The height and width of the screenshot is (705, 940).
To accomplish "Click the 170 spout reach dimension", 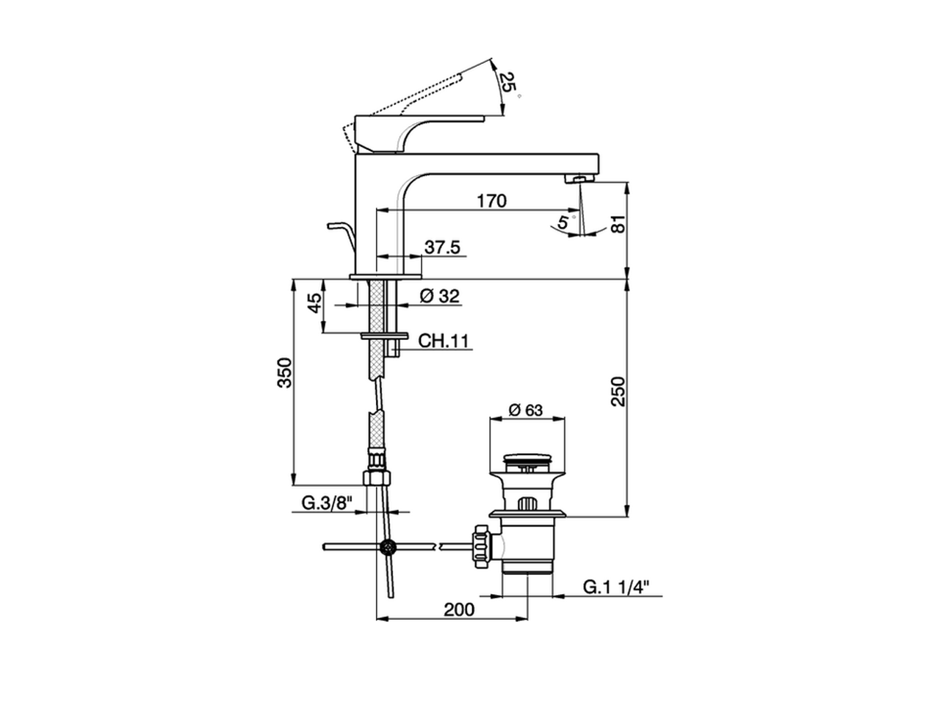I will (491, 200).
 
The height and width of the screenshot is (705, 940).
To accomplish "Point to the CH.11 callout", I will (444, 341).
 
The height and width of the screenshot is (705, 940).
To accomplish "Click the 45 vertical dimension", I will (314, 303).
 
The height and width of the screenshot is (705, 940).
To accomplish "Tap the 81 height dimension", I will (618, 224).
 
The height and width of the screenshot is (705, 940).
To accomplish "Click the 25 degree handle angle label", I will (506, 82).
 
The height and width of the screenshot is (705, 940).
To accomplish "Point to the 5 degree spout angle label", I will (563, 222).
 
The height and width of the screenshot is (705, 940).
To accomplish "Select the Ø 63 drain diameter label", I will (525, 410).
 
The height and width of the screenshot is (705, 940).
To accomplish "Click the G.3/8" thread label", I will (328, 503).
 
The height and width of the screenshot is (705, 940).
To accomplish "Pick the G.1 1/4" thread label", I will (617, 587).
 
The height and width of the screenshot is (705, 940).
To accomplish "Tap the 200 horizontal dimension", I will (459, 609).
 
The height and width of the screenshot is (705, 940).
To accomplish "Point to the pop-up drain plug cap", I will (527, 461).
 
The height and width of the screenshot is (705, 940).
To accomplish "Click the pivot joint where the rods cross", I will (386, 546).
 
